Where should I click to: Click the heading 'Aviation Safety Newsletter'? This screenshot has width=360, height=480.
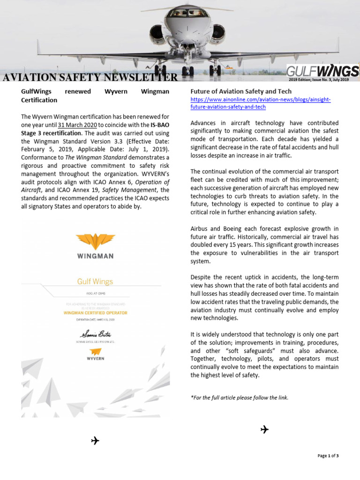pyautogui.click(x=90, y=78)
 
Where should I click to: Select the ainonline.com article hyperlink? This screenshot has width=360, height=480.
pyautogui.click(x=261, y=104)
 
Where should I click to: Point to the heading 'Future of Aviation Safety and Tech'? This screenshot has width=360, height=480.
pyautogui.click(x=241, y=91)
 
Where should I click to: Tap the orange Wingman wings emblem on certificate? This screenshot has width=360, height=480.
pyautogui.click(x=95, y=242)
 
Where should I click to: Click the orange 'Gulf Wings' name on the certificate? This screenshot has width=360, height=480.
pyautogui.click(x=95, y=282)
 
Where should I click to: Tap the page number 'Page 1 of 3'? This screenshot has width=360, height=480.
pyautogui.click(x=328, y=456)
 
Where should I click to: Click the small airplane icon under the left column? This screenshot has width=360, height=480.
pyautogui.click(x=95, y=440)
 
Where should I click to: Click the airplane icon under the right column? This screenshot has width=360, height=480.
pyautogui.click(x=264, y=429)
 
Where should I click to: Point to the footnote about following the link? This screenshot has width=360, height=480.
pyautogui.click(x=240, y=397)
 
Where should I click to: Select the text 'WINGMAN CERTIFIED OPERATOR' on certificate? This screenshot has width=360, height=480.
pyautogui.click(x=95, y=313)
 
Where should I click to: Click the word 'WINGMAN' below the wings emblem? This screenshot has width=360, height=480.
pyautogui.click(x=95, y=256)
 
